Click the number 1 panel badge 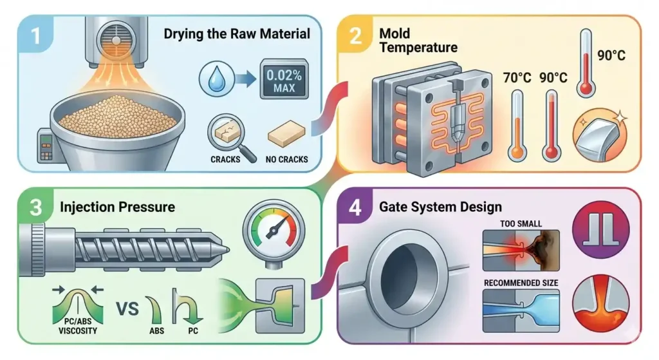click(35, 35)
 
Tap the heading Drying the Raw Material click(237, 33)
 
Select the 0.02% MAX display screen click(284, 79)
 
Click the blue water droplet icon click(216, 78)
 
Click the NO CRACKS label click(286, 160)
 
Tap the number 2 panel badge click(355, 35)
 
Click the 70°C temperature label click(517, 77)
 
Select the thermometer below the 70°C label click(517, 126)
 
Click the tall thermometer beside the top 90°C click(586, 63)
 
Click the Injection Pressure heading click(117, 207)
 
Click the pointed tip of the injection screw click(228, 250)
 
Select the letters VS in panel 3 click(127, 309)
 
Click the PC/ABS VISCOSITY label click(78, 327)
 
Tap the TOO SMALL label click(521, 223)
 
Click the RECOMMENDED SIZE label click(521, 283)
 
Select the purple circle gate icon click(600, 230)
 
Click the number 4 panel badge click(355, 207)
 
